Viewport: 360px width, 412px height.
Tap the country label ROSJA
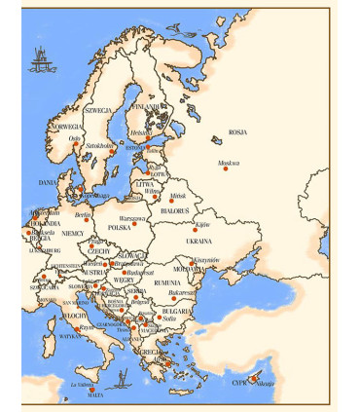tap(237, 132)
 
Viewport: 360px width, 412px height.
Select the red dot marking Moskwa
tap(226, 169)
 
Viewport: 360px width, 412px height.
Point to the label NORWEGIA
tap(67, 127)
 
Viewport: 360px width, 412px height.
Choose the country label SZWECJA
tap(98, 110)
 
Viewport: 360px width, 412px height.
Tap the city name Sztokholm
tap(101, 145)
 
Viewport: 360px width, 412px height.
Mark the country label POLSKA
tap(119, 227)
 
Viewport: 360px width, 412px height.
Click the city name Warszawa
tap(131, 218)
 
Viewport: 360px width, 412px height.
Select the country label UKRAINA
tap(198, 240)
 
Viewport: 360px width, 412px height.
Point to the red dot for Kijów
tap(195, 230)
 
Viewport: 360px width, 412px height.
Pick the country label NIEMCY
tap(72, 234)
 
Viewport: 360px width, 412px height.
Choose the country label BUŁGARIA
tap(175, 311)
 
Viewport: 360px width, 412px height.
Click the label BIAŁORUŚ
tap(174, 210)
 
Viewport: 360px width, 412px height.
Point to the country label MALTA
tap(94, 395)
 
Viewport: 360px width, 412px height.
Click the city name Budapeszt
tap(140, 273)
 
